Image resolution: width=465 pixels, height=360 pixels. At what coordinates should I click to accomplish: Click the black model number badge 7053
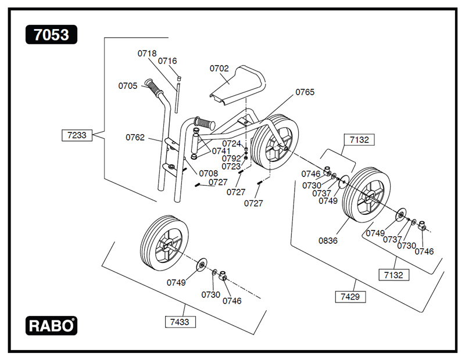coord(51,35)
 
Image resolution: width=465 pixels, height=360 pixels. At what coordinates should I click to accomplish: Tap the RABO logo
coord(51,325)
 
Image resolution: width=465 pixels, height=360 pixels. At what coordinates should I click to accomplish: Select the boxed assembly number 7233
coord(76,135)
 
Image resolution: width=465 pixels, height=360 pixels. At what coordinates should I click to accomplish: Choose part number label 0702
coord(219,69)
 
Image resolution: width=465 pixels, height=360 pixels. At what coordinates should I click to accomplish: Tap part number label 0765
coord(305,92)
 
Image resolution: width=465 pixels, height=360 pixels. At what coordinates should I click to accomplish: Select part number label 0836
coord(328,240)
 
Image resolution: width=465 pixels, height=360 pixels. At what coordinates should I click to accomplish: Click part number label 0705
coord(128,86)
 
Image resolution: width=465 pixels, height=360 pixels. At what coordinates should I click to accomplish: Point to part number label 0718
coord(147,53)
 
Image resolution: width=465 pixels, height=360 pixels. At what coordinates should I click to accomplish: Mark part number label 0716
coord(167,61)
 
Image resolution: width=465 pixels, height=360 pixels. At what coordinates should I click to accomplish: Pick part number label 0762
coord(135,138)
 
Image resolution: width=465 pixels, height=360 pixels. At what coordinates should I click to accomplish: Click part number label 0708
coord(208,173)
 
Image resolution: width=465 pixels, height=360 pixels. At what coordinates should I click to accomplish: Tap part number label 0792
coord(231,158)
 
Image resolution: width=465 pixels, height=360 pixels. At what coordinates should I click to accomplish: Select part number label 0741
coord(221,151)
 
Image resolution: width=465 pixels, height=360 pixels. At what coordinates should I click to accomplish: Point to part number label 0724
coord(231,143)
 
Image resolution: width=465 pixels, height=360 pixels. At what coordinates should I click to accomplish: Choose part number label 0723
coord(231,166)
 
